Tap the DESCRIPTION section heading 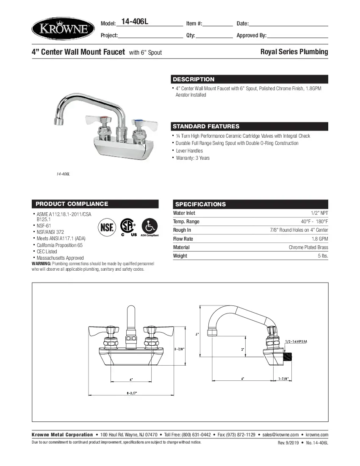pyautogui.click(x=194, y=79)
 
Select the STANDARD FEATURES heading pyautogui.click(x=206, y=126)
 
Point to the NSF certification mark pyautogui.click(x=107, y=227)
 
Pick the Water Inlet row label pyautogui.click(x=184, y=213)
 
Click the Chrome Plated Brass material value pyautogui.click(x=308, y=247)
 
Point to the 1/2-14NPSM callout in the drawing pyautogui.click(x=296, y=341)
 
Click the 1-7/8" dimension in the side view pyautogui.click(x=283, y=378)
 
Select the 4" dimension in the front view pyautogui.click(x=131, y=379)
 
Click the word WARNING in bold pyautogui.click(x=42, y=264)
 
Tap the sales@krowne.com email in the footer pyautogui.click(x=280, y=435)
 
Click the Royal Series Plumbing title pyautogui.click(x=294, y=52)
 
